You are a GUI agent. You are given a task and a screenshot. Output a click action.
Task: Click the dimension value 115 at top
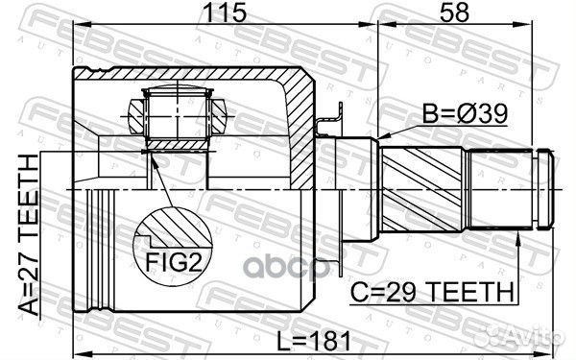click(226, 13)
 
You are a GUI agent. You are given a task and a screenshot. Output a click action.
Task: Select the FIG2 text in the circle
click(176, 262)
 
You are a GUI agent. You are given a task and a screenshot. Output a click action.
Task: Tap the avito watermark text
click(538, 337)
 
